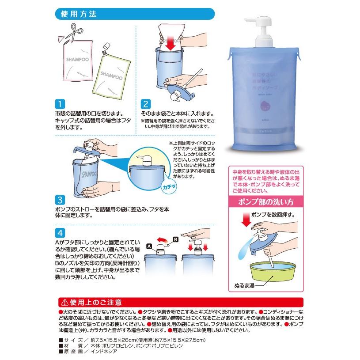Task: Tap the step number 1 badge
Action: (x=59, y=105)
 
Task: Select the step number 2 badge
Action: (x=145, y=105)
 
